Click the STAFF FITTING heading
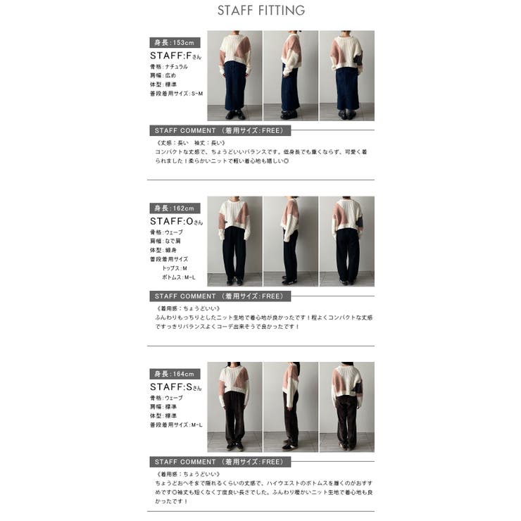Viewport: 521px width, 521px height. [260, 11]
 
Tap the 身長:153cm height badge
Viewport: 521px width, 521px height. [175, 43]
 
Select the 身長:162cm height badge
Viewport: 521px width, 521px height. [175, 208]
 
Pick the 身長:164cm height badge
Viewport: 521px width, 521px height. [175, 374]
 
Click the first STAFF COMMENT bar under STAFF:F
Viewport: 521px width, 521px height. [220, 131]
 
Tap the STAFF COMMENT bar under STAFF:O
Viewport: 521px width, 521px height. [220, 296]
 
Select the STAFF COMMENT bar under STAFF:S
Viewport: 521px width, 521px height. [220, 462]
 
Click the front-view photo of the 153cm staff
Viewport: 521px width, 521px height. [234, 75]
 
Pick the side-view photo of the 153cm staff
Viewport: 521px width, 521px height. [290, 75]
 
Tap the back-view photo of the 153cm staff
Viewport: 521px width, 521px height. [346, 75]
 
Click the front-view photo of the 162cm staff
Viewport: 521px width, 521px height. [234, 241]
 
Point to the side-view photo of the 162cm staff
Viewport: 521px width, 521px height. [290, 241]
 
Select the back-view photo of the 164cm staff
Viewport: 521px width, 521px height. [346, 406]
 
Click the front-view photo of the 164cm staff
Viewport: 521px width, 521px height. [234, 406]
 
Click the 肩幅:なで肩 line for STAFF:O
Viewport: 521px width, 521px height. [166, 241]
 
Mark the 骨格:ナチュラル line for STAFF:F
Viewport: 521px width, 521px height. [169, 66]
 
